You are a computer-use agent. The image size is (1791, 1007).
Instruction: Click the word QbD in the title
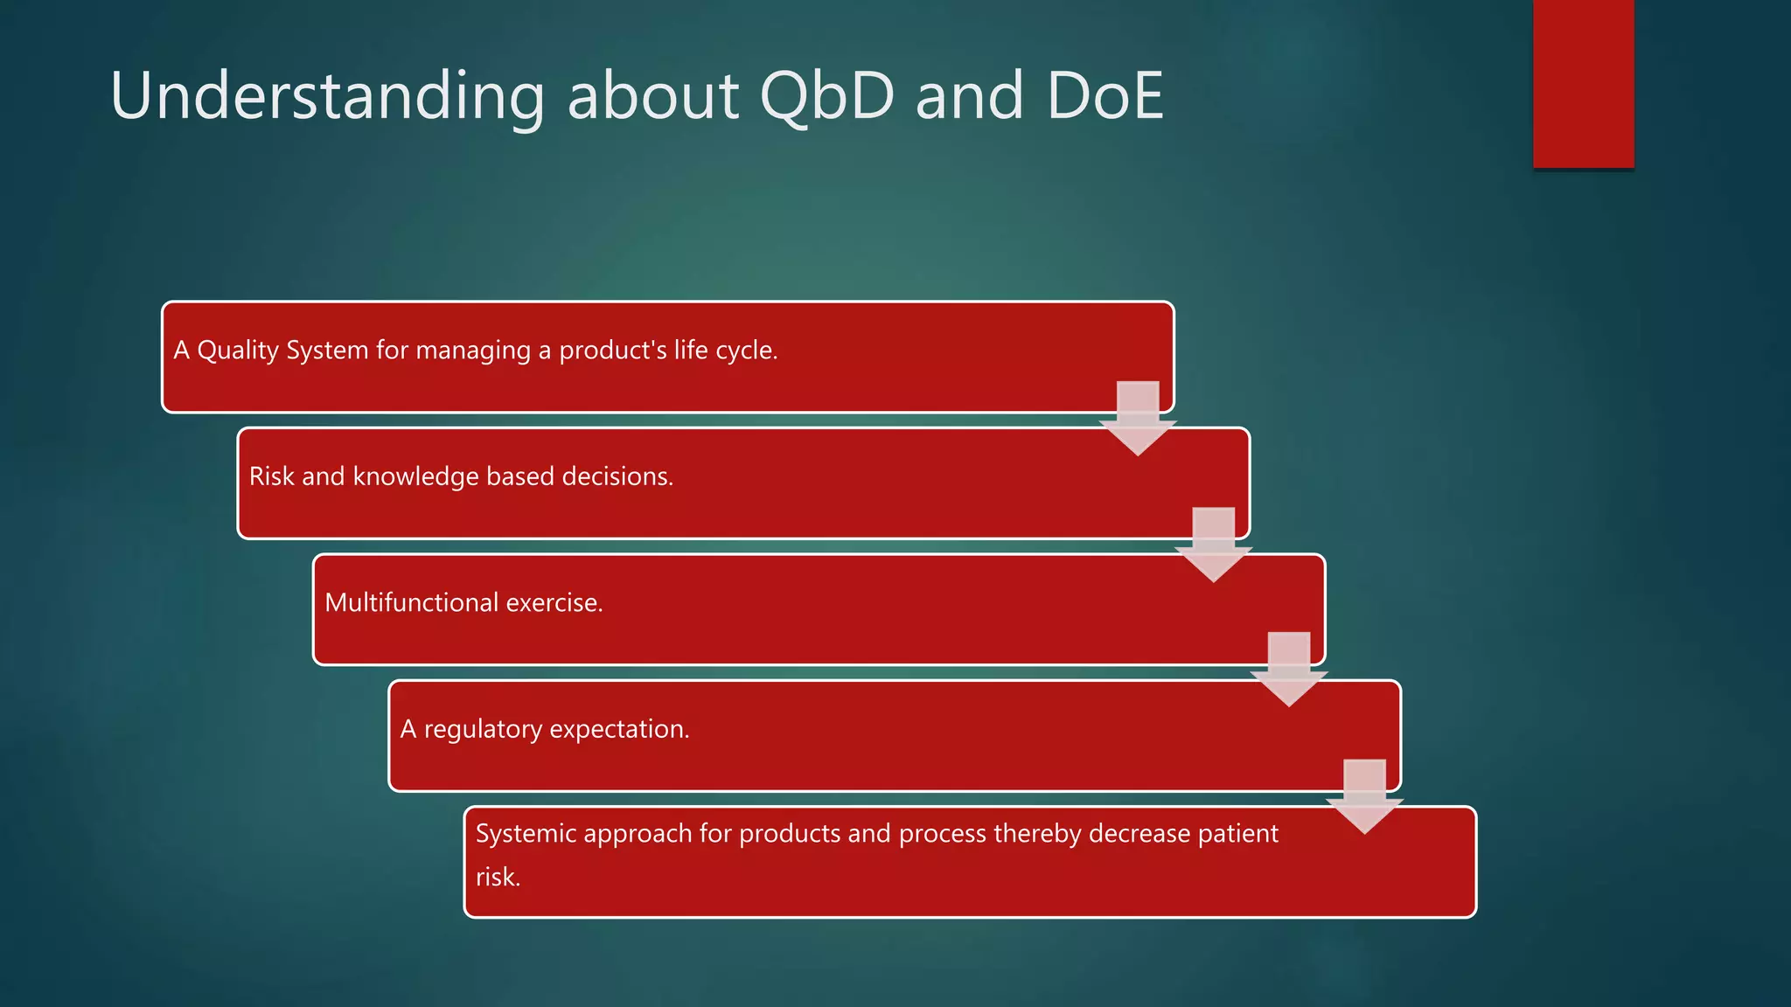tap(827, 96)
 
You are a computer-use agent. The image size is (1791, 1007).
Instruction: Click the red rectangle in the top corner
tap(1583, 84)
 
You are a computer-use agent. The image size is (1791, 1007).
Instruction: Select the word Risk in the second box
tap(271, 476)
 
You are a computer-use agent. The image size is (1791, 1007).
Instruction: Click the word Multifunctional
tap(411, 603)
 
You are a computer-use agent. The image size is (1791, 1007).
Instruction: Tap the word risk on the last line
tap(498, 877)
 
